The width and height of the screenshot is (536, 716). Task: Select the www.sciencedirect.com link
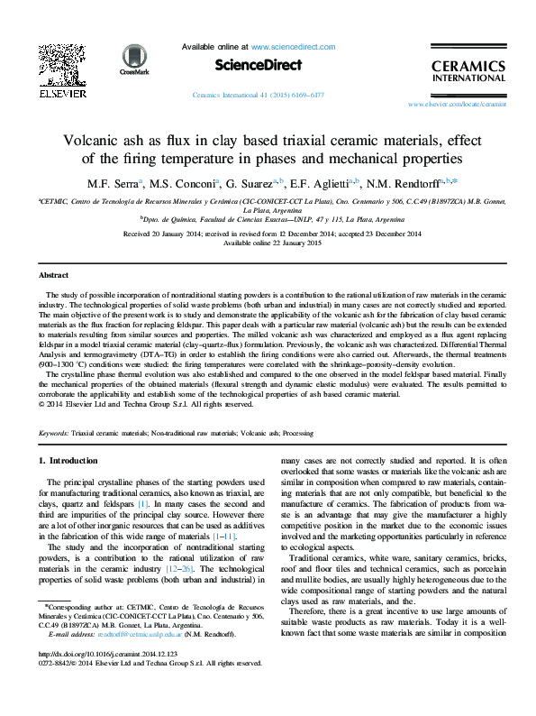[x=293, y=46]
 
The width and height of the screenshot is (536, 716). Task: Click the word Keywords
[x=55, y=434]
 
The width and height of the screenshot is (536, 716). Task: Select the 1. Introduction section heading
[x=72, y=462]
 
